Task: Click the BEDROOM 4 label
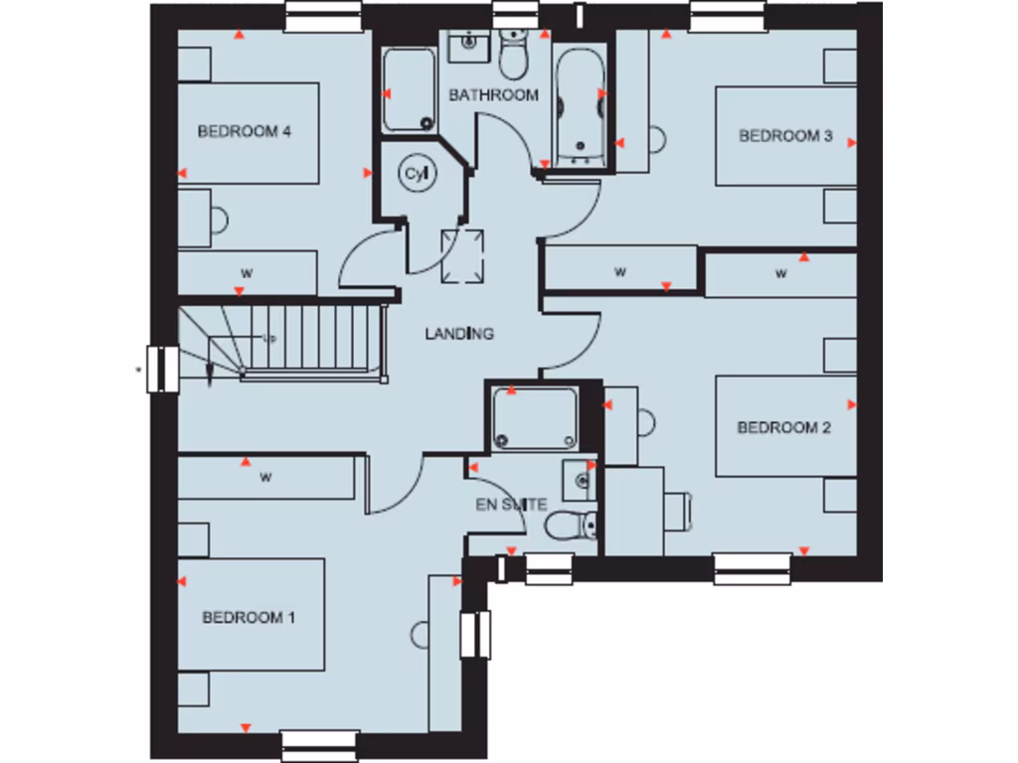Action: [244, 131]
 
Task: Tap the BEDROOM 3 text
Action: [785, 136]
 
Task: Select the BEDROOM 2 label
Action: [783, 427]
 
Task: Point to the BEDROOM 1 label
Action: [249, 617]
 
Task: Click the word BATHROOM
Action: [493, 95]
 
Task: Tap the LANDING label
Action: [459, 334]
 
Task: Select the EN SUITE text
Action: [511, 505]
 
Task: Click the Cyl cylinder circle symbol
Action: [417, 174]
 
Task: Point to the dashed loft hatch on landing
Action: [463, 253]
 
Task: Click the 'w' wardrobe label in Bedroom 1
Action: [266, 478]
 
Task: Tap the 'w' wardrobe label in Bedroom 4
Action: [245, 272]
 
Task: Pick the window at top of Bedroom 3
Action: [729, 15]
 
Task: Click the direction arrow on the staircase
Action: [210, 372]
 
